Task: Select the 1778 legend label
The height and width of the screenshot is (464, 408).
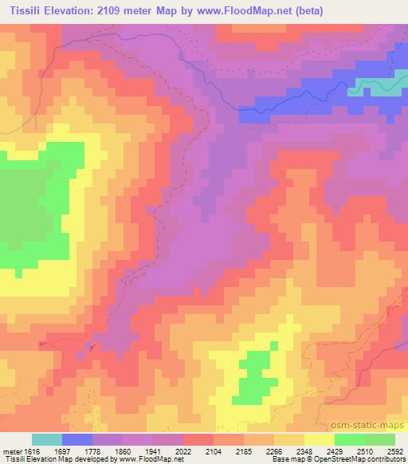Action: [x=108, y=450]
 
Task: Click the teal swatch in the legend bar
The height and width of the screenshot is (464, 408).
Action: [x=47, y=439]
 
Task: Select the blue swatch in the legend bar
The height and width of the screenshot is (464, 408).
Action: [x=77, y=439]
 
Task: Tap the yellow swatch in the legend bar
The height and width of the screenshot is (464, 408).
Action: [x=319, y=439]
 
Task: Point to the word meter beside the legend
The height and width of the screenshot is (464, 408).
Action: [x=11, y=450]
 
